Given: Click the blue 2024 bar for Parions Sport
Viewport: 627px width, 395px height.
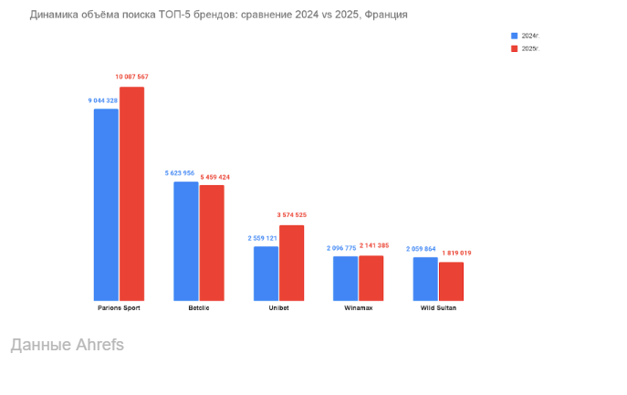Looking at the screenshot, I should click(x=106, y=204).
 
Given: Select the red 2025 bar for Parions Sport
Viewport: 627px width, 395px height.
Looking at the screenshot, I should click(x=132, y=193).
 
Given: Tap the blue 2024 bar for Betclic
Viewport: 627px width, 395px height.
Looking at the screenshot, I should click(x=186, y=241).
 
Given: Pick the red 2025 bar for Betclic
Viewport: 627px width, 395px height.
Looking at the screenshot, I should click(x=212, y=243).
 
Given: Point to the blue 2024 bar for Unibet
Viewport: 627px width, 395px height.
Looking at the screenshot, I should click(x=266, y=273).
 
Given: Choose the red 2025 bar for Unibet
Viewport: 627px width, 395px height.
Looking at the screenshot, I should click(x=292, y=263).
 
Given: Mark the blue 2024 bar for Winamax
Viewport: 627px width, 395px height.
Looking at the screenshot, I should click(x=346, y=278).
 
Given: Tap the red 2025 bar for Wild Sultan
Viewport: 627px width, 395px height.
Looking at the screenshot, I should click(x=452, y=281).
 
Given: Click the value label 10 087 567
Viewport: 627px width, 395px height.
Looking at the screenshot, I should click(x=132, y=77).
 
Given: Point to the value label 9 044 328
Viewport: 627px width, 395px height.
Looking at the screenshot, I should click(x=103, y=99).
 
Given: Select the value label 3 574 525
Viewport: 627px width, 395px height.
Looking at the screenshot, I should click(x=292, y=215).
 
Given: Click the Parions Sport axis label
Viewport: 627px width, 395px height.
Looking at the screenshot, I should click(x=119, y=308).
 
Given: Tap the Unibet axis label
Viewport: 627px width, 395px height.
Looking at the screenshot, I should click(x=278, y=308).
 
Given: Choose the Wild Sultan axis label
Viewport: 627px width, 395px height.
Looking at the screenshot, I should click(x=438, y=308).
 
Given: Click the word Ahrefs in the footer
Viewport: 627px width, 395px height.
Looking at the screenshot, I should click(x=97, y=345).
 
